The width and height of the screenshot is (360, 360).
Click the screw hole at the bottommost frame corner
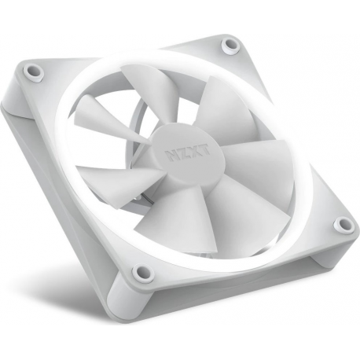point(142,273)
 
